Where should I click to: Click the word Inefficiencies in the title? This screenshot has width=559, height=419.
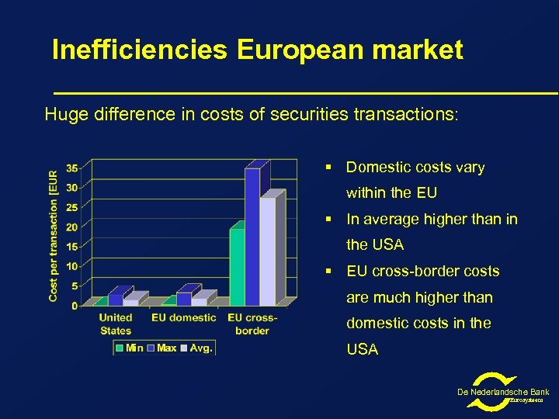(140, 50)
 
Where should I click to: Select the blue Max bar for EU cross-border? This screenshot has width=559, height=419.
(252, 237)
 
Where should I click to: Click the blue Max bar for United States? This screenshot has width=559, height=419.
(116, 299)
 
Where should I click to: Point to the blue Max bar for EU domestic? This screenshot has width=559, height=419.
(184, 298)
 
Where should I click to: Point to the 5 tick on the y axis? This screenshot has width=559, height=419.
(75, 286)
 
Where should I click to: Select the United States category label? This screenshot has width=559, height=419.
(116, 324)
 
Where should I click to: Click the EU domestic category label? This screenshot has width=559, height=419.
(184, 317)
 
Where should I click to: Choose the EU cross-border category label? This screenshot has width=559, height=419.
(252, 324)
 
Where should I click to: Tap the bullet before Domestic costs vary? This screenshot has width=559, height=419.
(329, 168)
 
